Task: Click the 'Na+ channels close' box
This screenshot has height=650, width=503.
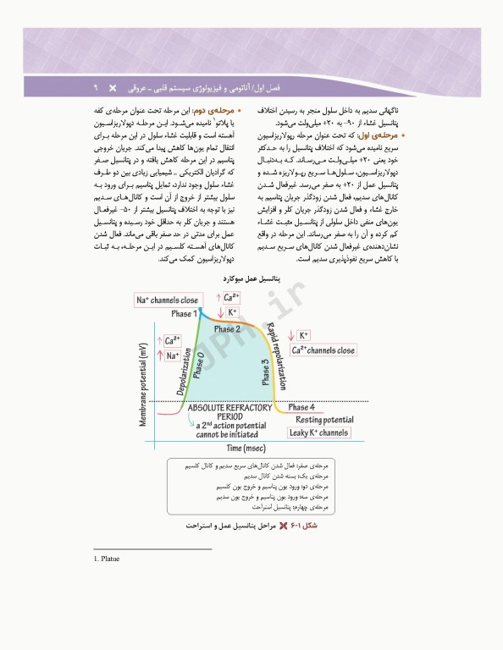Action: [167, 300]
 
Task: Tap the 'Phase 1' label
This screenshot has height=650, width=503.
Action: [184, 314]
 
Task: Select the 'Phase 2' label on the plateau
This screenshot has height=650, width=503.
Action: [227, 328]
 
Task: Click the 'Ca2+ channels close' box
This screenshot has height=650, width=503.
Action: [323, 350]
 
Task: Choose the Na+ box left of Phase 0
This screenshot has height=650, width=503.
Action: [173, 355]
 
